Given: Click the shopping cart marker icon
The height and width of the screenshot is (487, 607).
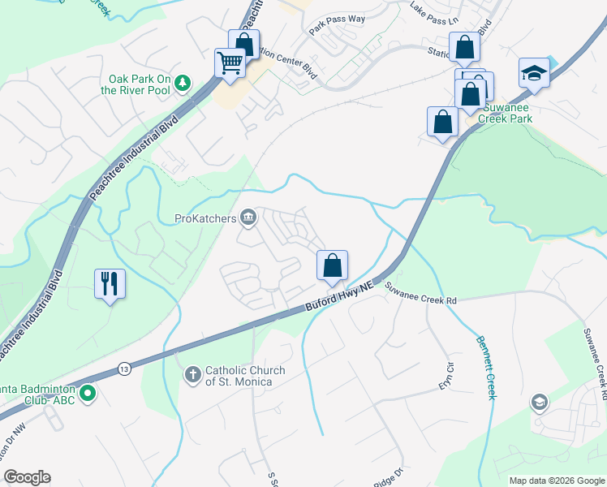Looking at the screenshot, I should (230, 62).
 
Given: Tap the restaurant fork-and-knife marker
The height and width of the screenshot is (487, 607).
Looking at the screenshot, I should (110, 283).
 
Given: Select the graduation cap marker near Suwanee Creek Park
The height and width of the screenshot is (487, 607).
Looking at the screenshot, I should (534, 73).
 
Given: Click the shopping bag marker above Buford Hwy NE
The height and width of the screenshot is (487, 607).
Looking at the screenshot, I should (332, 265).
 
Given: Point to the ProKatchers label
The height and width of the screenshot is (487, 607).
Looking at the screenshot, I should (206, 218).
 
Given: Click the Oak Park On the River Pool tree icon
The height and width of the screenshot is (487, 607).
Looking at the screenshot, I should (184, 82).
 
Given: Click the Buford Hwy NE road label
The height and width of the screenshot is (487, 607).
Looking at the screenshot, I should (338, 296).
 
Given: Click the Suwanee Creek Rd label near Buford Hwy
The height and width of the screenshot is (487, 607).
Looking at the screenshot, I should (420, 294).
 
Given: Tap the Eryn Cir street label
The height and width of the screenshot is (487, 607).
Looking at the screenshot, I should (445, 373).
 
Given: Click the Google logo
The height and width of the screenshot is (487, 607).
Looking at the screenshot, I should (27, 477).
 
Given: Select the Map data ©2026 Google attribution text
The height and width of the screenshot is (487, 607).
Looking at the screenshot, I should (556, 481).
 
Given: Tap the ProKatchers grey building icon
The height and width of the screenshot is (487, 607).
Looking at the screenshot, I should (248, 217).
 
